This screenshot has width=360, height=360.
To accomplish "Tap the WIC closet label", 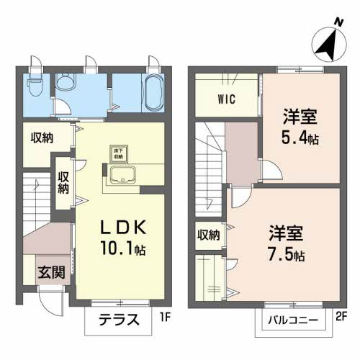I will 225,99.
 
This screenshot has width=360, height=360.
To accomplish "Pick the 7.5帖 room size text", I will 287,255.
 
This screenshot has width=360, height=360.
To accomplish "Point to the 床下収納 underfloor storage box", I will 116,153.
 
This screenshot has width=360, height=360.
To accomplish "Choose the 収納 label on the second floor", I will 210,235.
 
